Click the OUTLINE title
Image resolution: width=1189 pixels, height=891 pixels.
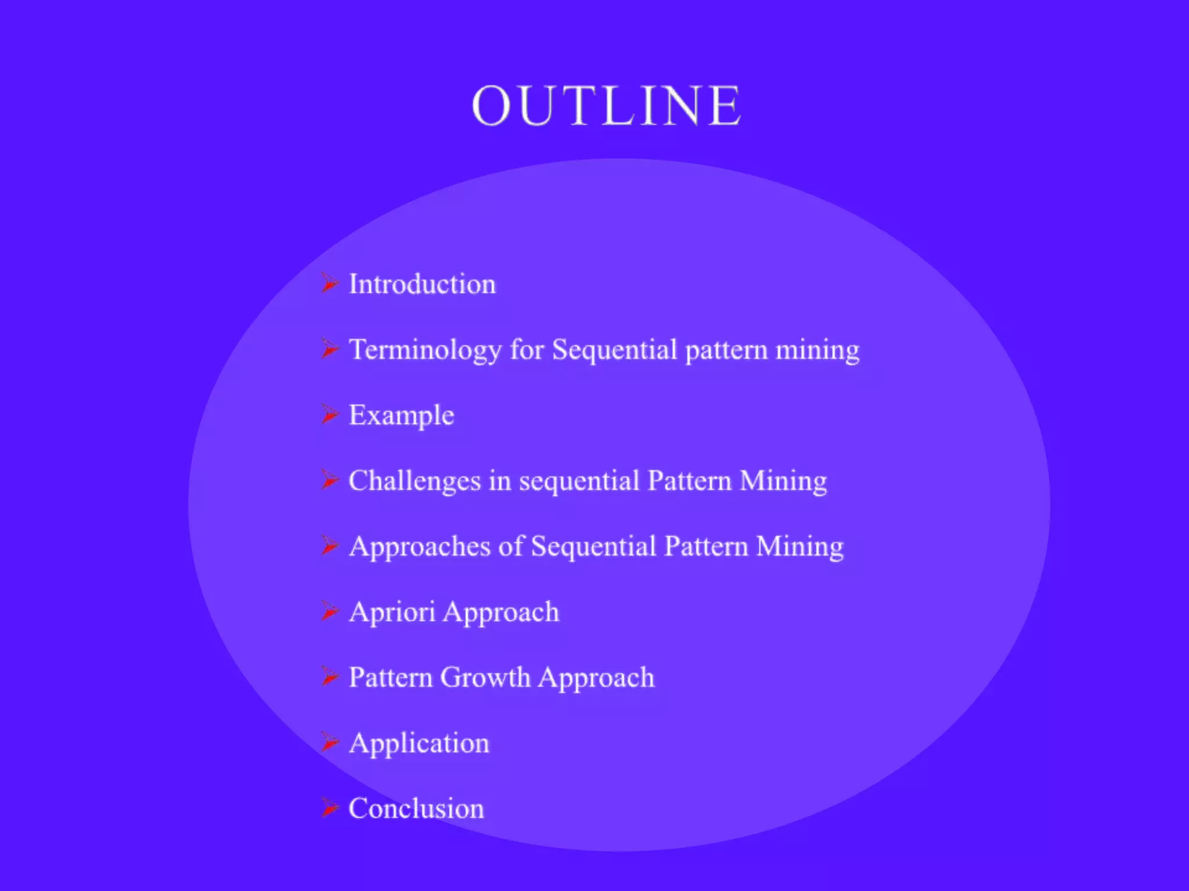[x=606, y=106]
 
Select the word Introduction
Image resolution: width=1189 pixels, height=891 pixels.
[x=422, y=284]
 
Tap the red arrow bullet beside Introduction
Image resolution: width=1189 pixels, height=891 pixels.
[x=330, y=283]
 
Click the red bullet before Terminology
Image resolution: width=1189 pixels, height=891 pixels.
[x=330, y=349]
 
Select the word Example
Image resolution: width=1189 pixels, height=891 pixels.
[x=401, y=416]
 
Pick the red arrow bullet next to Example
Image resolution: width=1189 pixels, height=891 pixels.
[x=330, y=414]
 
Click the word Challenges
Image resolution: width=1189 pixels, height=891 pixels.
[x=415, y=481]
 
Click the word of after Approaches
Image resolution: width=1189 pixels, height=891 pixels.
[x=511, y=546]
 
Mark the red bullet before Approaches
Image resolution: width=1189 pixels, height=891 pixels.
[x=330, y=545]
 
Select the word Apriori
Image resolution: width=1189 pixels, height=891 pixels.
[x=392, y=613]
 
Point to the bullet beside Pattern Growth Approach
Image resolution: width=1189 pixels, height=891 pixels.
[x=330, y=676]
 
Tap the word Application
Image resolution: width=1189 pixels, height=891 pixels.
[x=419, y=744]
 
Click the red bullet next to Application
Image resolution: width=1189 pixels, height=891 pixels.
[x=330, y=742]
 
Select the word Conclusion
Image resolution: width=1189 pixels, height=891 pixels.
[x=416, y=809]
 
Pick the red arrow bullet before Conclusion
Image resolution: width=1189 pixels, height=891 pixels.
[x=330, y=807]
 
